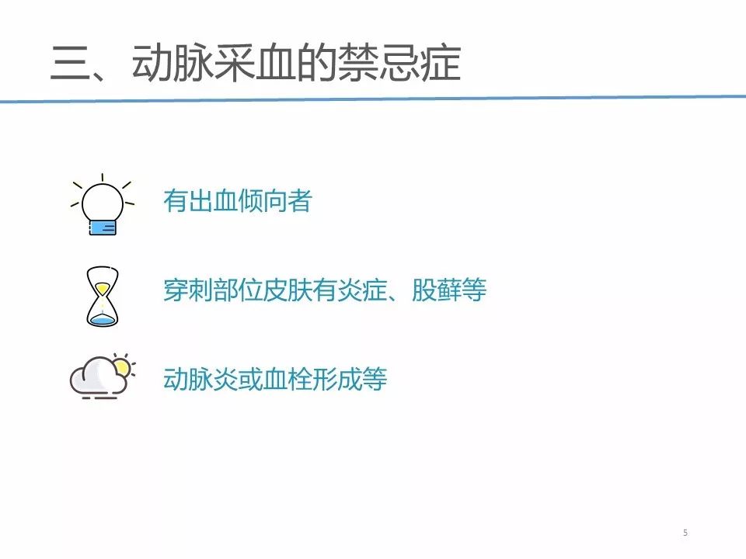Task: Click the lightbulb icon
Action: coord(103,205)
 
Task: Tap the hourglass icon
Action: coord(103,296)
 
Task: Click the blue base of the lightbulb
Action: coord(103,227)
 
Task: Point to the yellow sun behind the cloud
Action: coord(123,366)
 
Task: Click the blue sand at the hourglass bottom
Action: coord(103,321)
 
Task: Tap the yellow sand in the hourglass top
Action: coord(103,288)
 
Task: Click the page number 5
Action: coord(685,533)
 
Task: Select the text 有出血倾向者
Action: coord(238,200)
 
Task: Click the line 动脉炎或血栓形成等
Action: coord(275,379)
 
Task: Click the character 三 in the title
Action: coord(71,63)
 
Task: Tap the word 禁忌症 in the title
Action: coord(399,63)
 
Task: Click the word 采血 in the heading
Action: coord(255,63)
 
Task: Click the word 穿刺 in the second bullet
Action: coord(188,290)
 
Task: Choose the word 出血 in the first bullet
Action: coord(213,200)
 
